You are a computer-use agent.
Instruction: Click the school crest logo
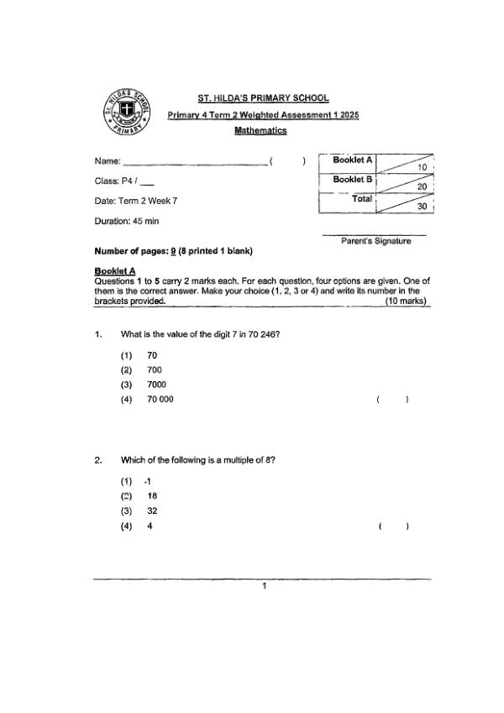click(x=124, y=112)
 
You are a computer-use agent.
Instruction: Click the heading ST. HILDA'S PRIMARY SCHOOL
click(x=263, y=98)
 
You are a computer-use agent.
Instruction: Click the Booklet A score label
click(x=353, y=160)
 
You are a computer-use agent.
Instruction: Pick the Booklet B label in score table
click(x=353, y=180)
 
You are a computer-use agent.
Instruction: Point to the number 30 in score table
click(x=423, y=205)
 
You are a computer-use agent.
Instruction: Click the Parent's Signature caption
click(x=375, y=241)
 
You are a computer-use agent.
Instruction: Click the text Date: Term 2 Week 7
click(x=136, y=201)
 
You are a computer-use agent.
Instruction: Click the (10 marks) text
click(x=405, y=301)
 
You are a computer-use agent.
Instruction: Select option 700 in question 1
click(x=154, y=370)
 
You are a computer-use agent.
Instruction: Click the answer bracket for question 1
click(x=392, y=400)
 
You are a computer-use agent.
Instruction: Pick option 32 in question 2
click(x=152, y=511)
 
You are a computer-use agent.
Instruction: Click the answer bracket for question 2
click(x=392, y=527)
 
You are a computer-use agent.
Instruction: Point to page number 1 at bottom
click(x=263, y=586)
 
